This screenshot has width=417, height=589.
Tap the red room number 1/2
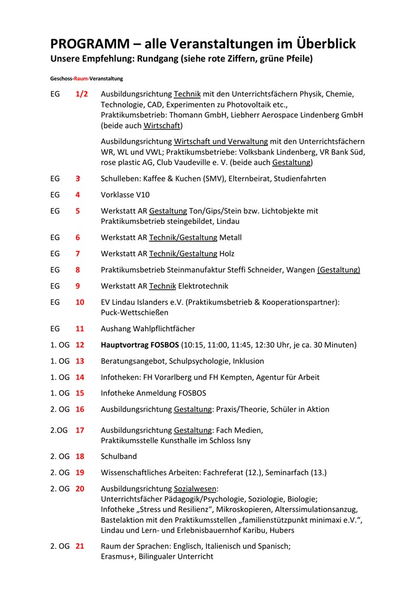pyautogui.click(x=82, y=94)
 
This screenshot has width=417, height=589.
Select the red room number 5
pyautogui.click(x=78, y=211)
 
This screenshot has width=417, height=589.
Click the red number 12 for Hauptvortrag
pyautogui.click(x=80, y=345)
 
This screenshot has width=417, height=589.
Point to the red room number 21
pyautogui.click(x=80, y=546)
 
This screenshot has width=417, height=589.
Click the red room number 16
pyautogui.click(x=80, y=409)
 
